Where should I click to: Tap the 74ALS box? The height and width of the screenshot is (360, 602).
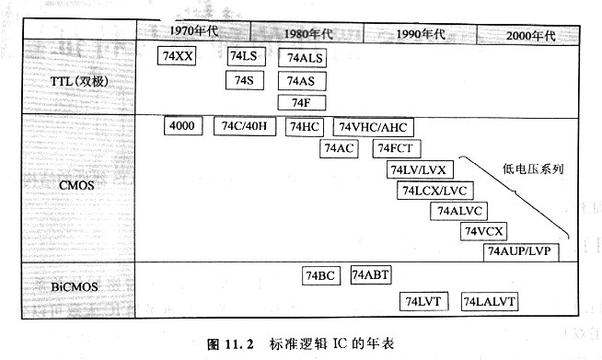(x=305, y=58)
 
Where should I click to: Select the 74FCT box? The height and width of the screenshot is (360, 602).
(x=398, y=148)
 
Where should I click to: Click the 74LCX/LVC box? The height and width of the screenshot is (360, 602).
(x=432, y=191)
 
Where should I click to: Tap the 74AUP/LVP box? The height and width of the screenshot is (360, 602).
(x=517, y=251)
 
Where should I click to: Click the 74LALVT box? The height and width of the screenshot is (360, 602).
(x=490, y=301)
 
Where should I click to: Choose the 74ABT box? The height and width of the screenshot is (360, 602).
(x=371, y=275)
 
